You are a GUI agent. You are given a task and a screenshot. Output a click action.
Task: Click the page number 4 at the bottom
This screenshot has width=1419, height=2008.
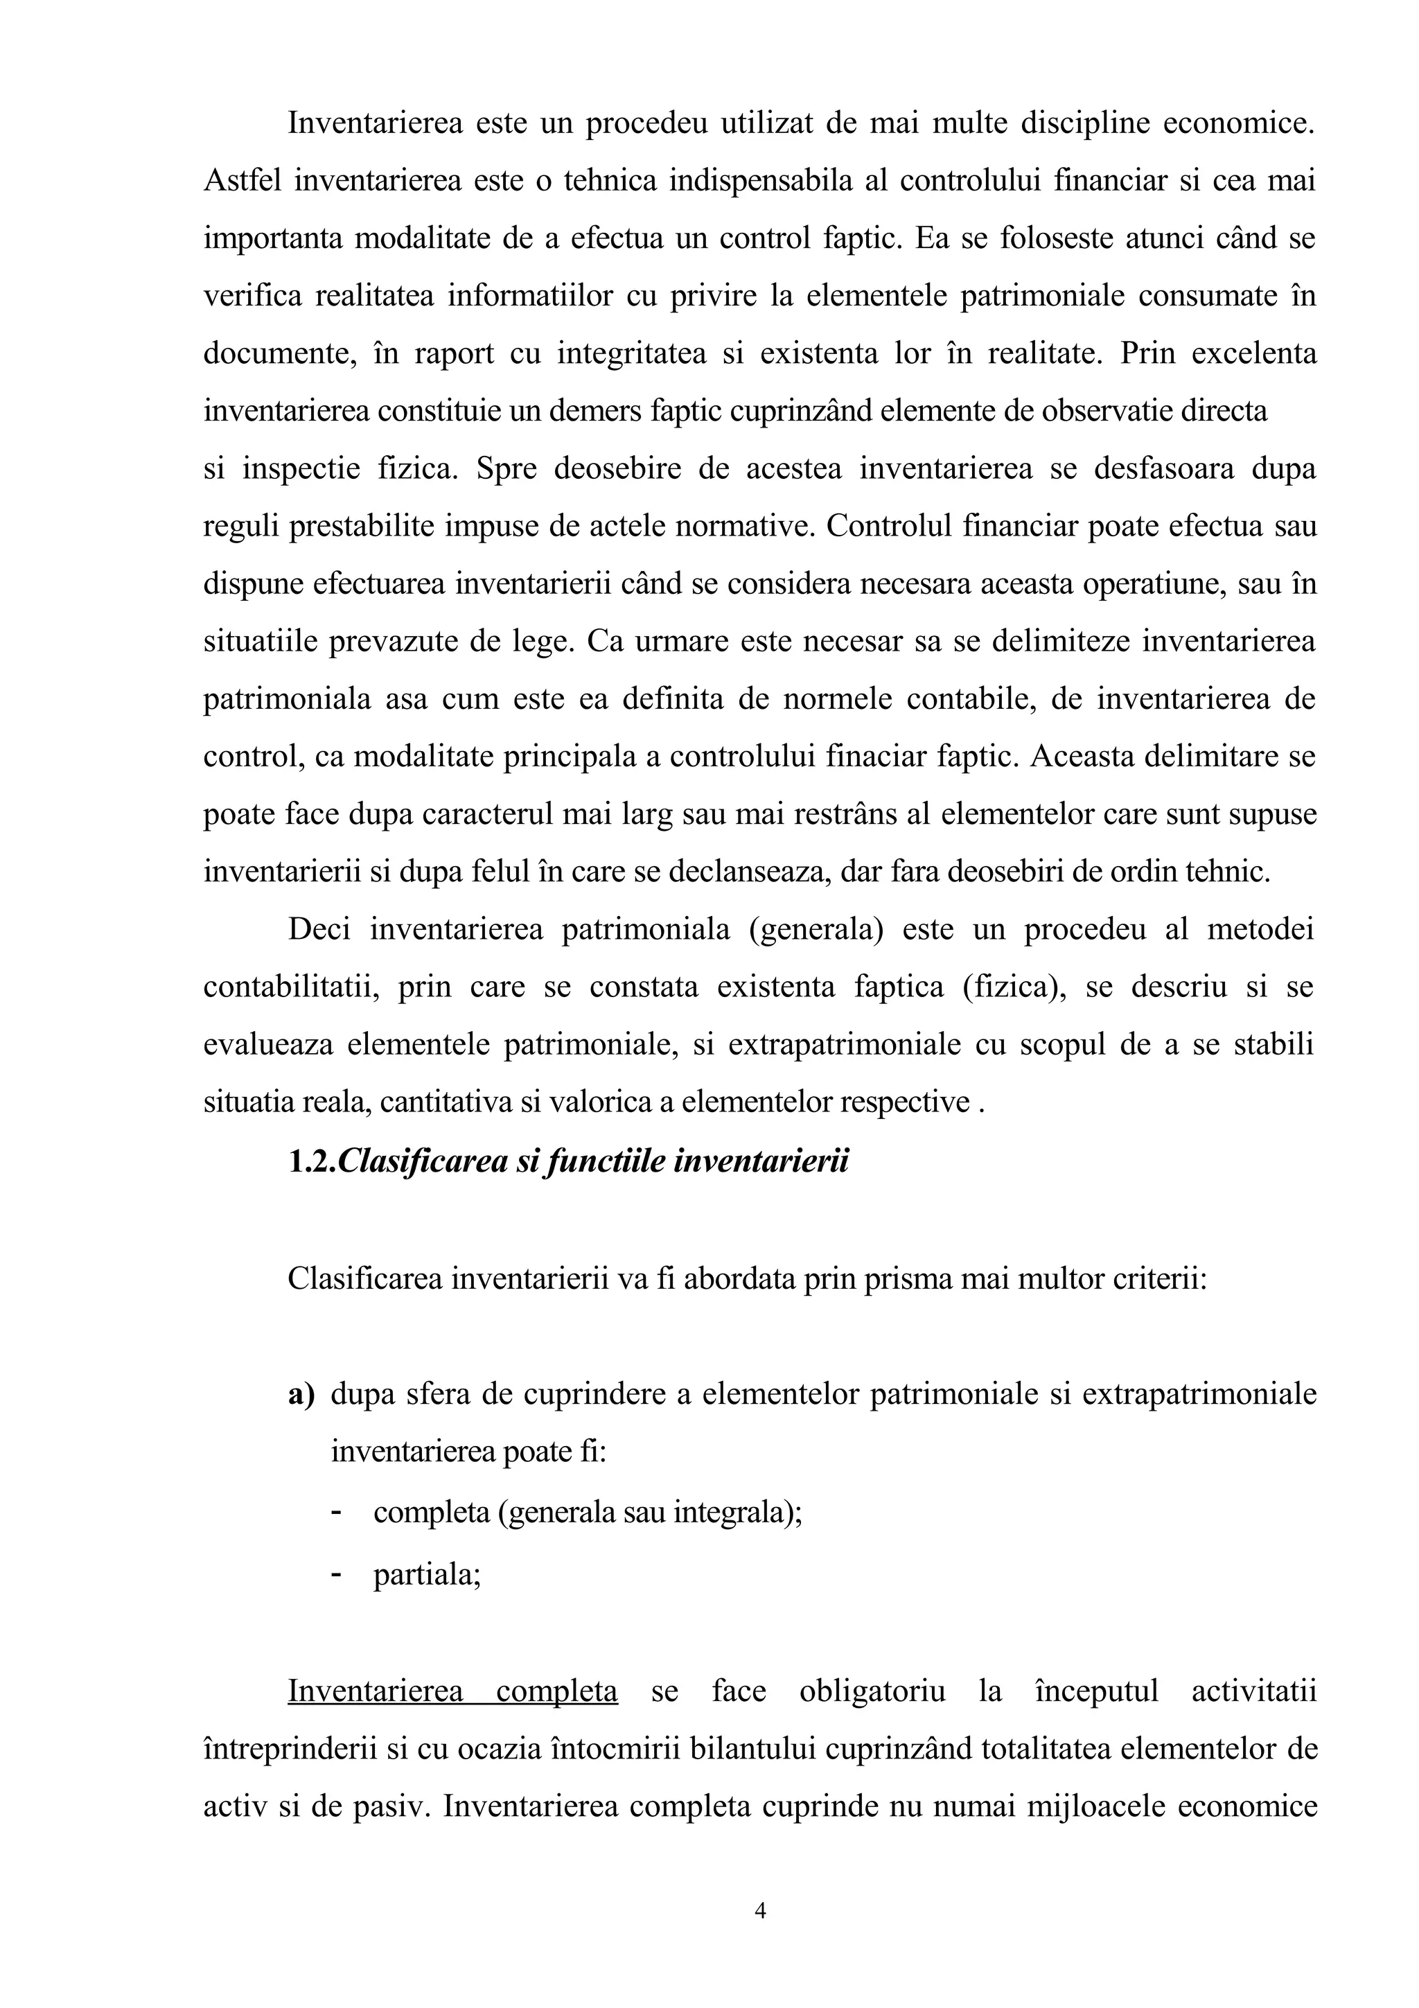pyautogui.click(x=760, y=1911)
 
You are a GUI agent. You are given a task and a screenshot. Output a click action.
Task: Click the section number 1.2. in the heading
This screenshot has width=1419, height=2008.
pyautogui.click(x=311, y=1161)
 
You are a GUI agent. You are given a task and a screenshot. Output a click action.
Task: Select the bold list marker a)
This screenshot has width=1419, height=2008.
pyautogui.click(x=301, y=1394)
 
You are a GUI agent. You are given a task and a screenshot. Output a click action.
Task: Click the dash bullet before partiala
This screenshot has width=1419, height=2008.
pyautogui.click(x=337, y=1575)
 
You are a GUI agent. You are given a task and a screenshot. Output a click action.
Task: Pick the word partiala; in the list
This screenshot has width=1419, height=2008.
pyautogui.click(x=427, y=1575)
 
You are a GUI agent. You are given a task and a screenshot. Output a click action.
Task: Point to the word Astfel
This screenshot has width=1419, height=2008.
pyautogui.click(x=243, y=181)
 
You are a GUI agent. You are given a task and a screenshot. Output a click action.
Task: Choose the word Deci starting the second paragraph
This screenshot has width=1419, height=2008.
pyautogui.click(x=319, y=928)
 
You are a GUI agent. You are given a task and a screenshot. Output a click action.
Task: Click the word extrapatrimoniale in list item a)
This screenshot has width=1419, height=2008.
pyautogui.click(x=1199, y=1394)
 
